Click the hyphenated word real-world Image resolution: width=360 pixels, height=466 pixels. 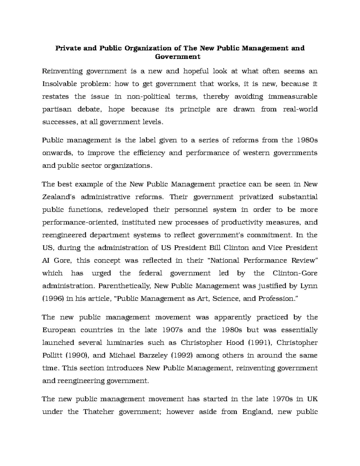300,109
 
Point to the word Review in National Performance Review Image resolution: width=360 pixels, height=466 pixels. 303,260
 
